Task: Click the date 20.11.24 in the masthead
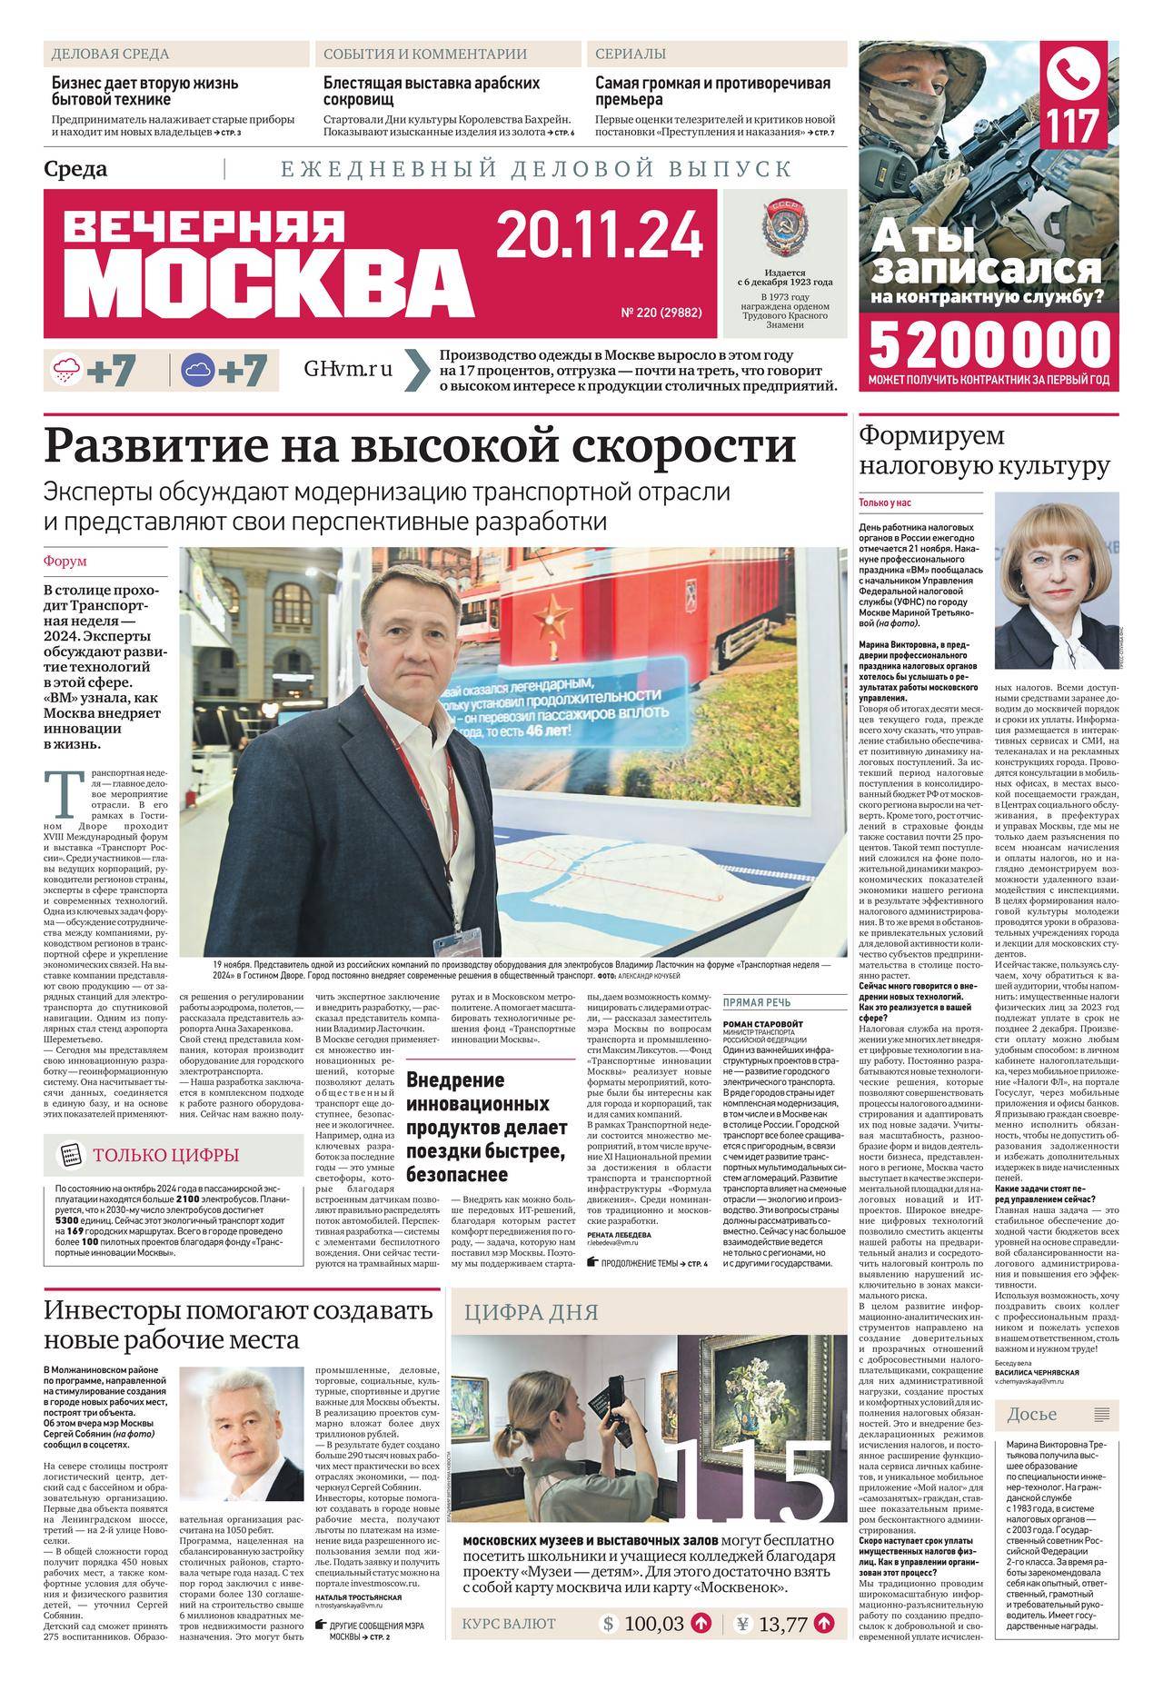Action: [600, 234]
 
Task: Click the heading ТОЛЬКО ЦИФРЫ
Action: [165, 1155]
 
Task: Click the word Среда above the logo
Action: [75, 169]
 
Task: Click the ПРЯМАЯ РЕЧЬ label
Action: [756, 1003]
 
